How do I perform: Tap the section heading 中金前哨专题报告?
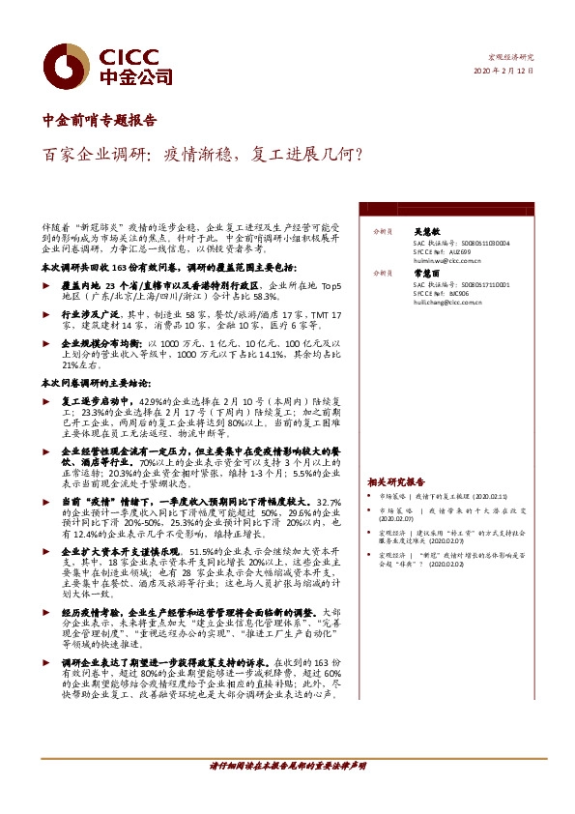click(x=100, y=122)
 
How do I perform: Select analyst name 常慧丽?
click(x=427, y=273)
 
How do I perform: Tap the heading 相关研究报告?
click(x=396, y=481)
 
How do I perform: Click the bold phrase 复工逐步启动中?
click(x=95, y=398)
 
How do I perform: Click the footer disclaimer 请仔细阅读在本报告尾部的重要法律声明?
click(x=288, y=765)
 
